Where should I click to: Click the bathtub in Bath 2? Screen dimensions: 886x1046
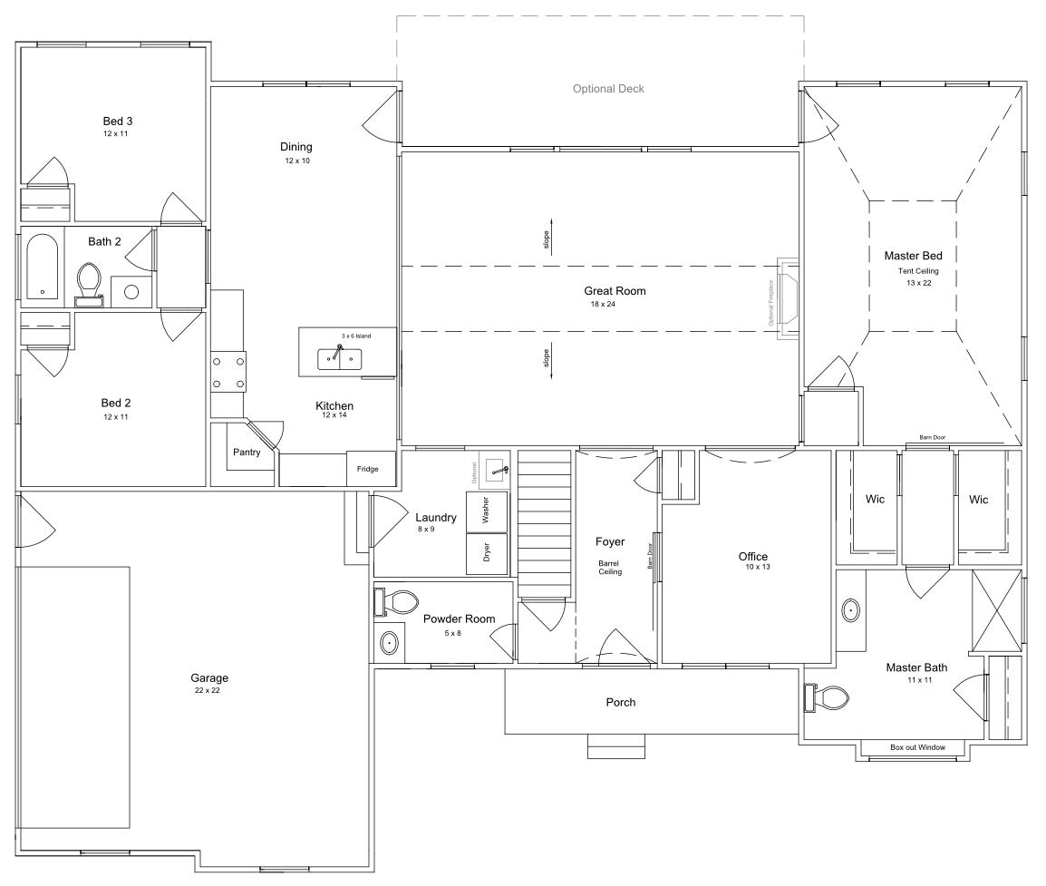coord(42,267)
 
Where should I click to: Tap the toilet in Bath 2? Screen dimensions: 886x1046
coord(89,279)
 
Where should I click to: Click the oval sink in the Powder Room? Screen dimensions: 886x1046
coord(389,643)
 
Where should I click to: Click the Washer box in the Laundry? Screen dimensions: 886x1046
coord(486,512)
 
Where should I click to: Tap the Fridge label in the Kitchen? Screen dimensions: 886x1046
coord(368,469)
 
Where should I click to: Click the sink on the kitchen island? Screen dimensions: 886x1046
coord(339,359)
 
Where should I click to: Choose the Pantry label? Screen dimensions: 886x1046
coord(247,452)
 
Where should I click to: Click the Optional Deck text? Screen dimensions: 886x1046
coord(608,89)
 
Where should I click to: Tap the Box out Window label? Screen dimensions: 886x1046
coord(917,747)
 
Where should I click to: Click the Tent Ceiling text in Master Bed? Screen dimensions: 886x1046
coord(919,270)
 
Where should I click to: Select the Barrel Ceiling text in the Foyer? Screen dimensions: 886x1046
coord(608,567)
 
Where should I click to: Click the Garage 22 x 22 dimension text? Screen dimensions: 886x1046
coord(207,690)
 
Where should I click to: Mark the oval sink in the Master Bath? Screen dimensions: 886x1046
coord(851,610)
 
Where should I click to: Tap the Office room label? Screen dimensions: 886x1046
coord(752,556)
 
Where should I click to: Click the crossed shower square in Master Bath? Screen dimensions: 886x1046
coord(995,611)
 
